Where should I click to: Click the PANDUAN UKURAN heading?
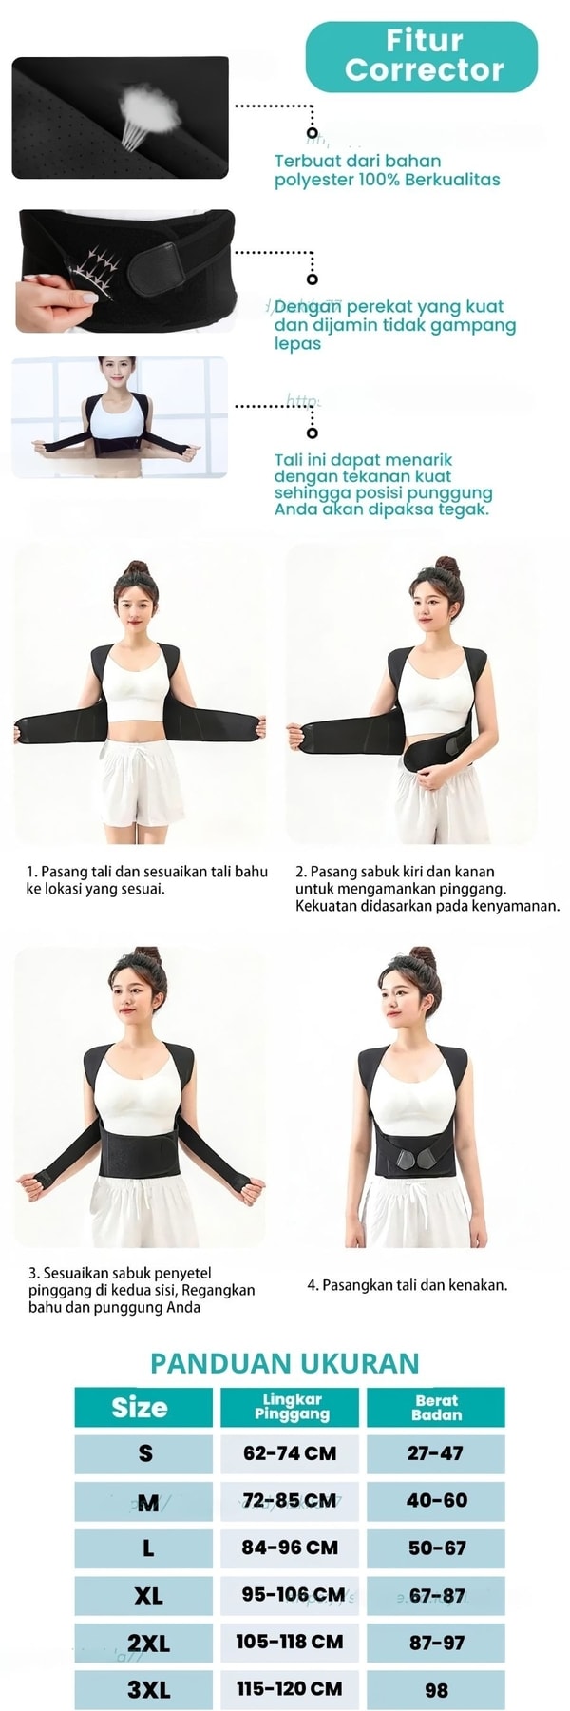click(285, 1363)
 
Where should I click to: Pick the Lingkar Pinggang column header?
click(291, 1408)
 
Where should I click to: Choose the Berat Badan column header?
click(436, 1408)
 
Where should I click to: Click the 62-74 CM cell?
click(290, 1453)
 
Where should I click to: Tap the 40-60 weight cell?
click(436, 1500)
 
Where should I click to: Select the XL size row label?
click(147, 1595)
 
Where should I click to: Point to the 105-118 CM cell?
click(290, 1642)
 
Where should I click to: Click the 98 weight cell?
click(436, 1689)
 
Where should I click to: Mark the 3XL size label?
click(148, 1689)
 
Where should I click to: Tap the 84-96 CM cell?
click(290, 1548)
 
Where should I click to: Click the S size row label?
click(145, 1453)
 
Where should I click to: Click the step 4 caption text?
click(408, 1285)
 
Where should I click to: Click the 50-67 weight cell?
click(436, 1548)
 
